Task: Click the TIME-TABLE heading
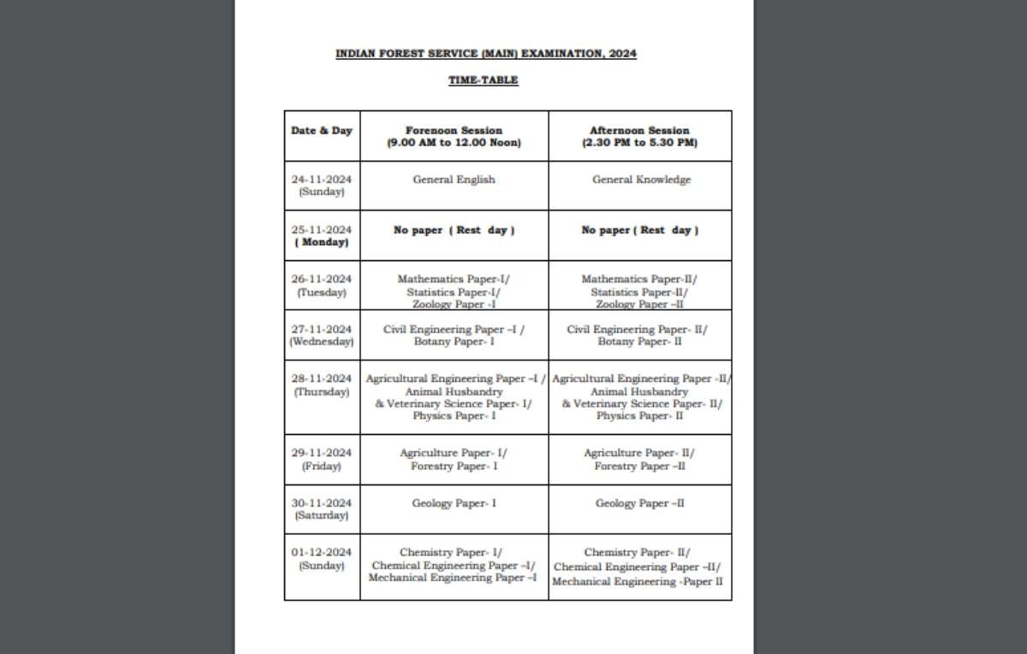tap(484, 80)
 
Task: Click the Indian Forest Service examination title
tap(485, 54)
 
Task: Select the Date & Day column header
tap(322, 131)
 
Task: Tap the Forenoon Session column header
tap(454, 137)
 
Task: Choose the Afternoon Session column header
tap(639, 137)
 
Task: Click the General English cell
tap(454, 180)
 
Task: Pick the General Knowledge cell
tap(641, 180)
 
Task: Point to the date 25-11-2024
tap(322, 229)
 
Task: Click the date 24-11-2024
tap(322, 180)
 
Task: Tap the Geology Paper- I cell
tap(454, 503)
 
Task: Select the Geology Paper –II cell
tap(640, 503)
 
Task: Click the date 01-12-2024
tap(322, 553)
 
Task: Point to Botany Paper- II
tap(640, 342)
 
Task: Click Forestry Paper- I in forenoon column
tap(454, 467)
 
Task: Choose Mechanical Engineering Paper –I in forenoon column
tap(453, 578)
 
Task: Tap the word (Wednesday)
tap(322, 342)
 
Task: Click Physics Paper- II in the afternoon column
tap(640, 416)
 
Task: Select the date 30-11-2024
tap(322, 503)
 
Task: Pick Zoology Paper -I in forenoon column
tap(454, 304)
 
